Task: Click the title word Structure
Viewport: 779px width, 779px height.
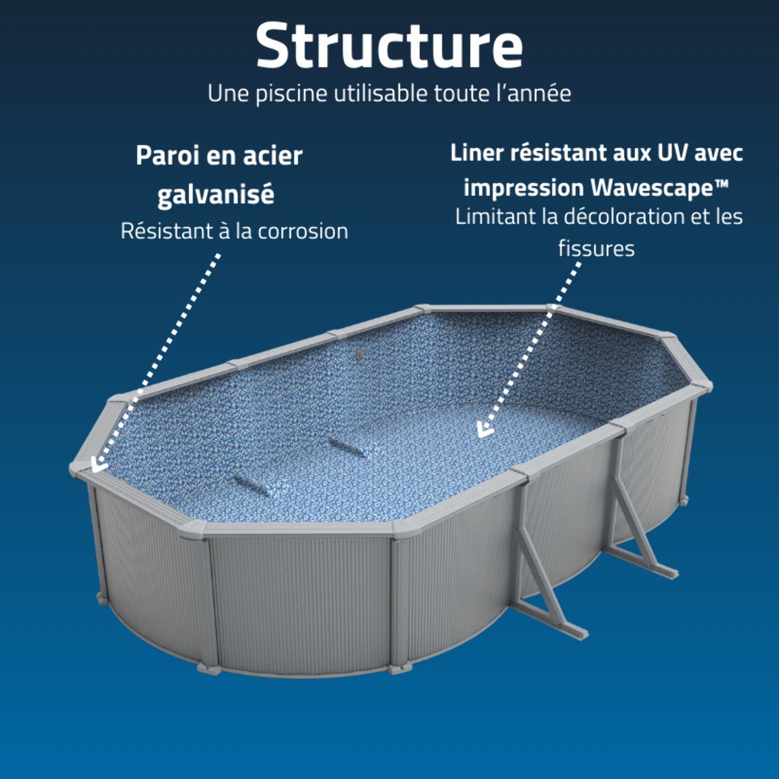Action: click(389, 45)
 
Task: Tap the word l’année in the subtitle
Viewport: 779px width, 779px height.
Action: click(534, 93)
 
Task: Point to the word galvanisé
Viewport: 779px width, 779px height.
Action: click(216, 194)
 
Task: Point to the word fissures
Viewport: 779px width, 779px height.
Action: click(596, 248)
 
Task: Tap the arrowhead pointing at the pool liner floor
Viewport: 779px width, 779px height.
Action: click(484, 430)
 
